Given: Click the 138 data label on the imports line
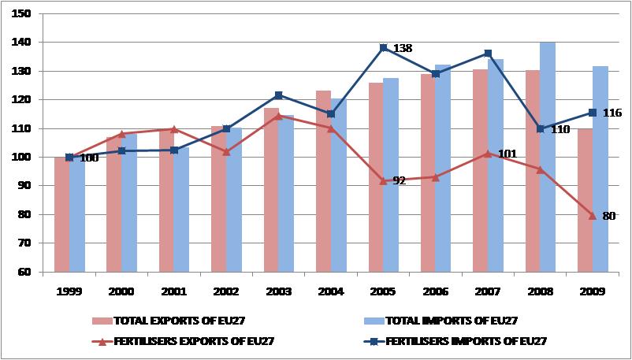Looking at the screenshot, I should (402, 49).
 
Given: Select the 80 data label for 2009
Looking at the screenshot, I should (608, 215).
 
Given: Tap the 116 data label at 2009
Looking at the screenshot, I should (612, 113).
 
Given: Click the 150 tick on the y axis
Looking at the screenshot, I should (22, 13).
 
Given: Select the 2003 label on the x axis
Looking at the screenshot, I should (279, 291).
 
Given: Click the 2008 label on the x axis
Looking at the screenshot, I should (540, 291).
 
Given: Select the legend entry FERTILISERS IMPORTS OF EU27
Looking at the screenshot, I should (467, 341).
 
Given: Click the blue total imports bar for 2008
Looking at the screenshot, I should (548, 157).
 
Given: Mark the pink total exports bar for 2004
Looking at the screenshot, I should (323, 181).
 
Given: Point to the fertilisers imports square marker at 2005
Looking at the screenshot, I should (384, 48).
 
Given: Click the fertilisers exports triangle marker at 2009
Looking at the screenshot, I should (593, 215).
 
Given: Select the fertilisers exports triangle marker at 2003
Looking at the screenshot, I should (279, 116).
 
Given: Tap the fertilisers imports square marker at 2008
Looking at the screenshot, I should (541, 128).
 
